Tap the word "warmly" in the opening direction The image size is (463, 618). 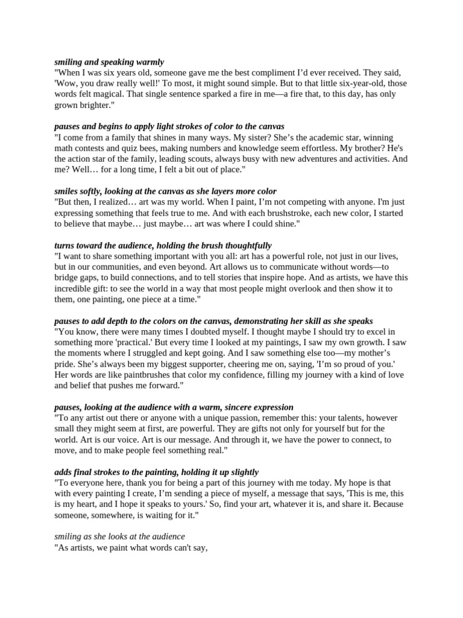pos(148,62)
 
